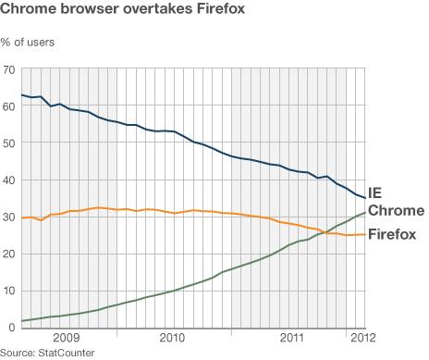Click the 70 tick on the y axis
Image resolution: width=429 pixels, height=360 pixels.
(x=10, y=70)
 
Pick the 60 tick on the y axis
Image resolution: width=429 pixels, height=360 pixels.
(x=10, y=106)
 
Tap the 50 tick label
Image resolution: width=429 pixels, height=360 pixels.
(x=10, y=143)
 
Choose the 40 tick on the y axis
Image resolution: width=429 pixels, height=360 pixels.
(x=10, y=180)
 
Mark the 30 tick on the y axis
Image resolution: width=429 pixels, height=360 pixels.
(x=10, y=217)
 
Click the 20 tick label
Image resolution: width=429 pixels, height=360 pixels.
(x=10, y=254)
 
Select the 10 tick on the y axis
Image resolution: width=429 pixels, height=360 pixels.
(x=10, y=292)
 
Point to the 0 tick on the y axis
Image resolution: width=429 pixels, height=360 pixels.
(x=13, y=329)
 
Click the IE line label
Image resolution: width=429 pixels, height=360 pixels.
(x=375, y=193)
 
